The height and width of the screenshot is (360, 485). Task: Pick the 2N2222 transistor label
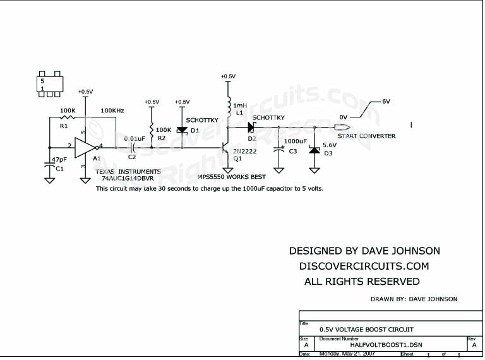pyautogui.click(x=244, y=152)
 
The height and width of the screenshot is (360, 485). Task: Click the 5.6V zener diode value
pyautogui.click(x=330, y=145)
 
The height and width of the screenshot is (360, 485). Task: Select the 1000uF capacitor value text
pyautogui.click(x=295, y=141)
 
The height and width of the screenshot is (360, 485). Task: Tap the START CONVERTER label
pyautogui.click(x=366, y=136)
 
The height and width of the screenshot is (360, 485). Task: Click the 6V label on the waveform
pyautogui.click(x=386, y=101)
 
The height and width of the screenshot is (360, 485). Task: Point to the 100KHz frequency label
pyautogui.click(x=111, y=111)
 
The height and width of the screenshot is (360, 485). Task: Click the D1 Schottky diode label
pyautogui.click(x=195, y=130)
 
